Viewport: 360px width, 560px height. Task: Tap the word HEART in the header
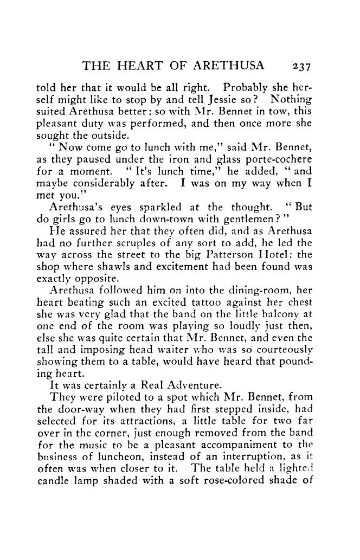(134, 67)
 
